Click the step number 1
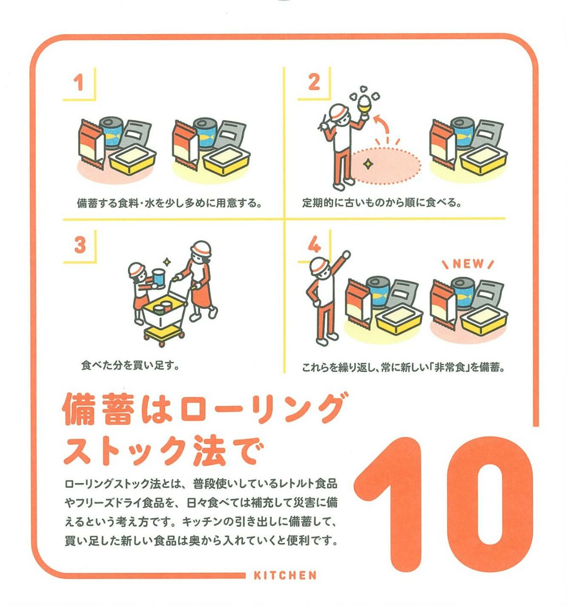click(x=79, y=83)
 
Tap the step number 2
click(x=314, y=82)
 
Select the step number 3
click(x=80, y=245)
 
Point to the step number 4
click(x=314, y=245)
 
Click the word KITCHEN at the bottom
click(x=285, y=575)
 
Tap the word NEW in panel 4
click(x=468, y=264)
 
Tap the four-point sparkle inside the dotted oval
click(x=368, y=164)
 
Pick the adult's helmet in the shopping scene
click(x=200, y=248)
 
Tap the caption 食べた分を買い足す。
click(x=130, y=366)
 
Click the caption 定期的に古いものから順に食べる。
click(x=382, y=203)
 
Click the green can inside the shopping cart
click(x=159, y=309)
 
